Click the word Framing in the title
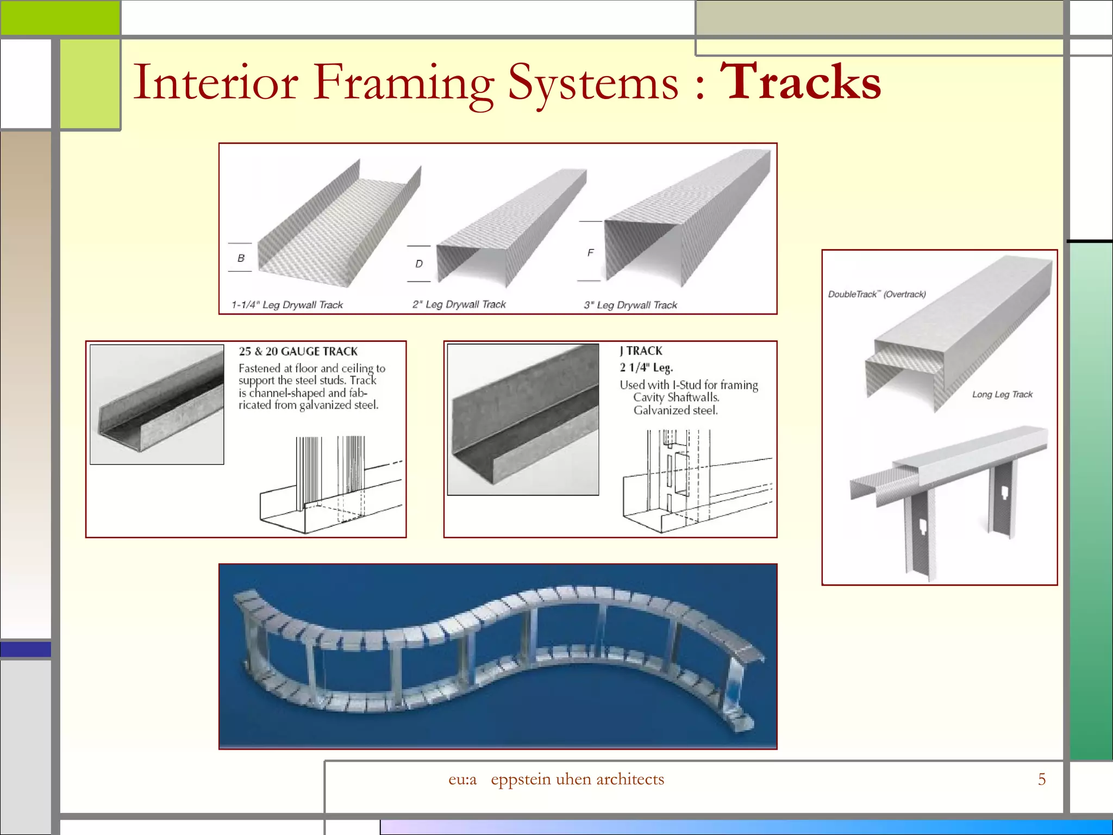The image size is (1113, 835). (403, 83)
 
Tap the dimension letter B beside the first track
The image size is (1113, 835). (241, 258)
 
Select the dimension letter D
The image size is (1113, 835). (418, 264)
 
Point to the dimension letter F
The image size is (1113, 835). (590, 252)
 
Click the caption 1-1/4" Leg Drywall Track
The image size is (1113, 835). (287, 305)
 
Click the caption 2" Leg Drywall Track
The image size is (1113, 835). (459, 304)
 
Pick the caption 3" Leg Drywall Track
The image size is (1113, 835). (630, 305)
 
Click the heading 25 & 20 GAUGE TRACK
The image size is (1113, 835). (298, 351)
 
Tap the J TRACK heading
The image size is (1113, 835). (641, 351)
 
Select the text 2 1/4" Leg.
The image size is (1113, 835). (646, 367)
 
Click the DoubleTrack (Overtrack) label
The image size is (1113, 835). (877, 294)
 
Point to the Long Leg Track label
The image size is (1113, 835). (1002, 394)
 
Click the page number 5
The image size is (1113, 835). (1041, 779)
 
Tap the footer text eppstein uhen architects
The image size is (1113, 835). (577, 779)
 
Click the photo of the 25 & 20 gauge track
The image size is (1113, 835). (157, 404)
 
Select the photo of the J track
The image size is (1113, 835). (523, 419)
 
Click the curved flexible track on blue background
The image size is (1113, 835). (497, 656)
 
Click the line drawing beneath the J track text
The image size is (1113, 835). (697, 481)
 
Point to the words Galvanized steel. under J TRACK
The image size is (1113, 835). (676, 410)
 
